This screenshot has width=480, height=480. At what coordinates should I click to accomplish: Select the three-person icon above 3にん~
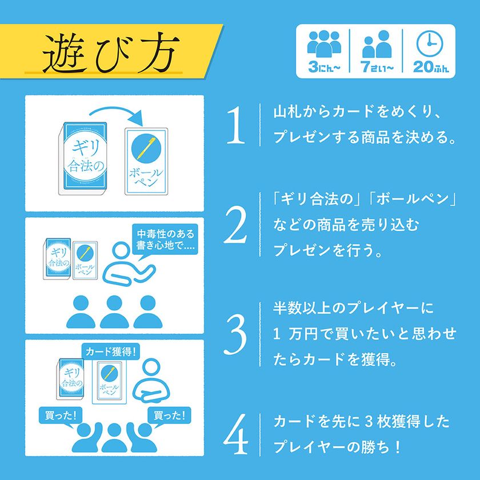(324, 43)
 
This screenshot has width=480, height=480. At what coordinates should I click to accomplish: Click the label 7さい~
(377, 67)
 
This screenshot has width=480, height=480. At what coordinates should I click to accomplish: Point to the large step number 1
(236, 125)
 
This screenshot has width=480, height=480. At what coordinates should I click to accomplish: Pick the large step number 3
(236, 334)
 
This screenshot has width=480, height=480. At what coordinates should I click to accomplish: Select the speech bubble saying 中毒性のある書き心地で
(166, 241)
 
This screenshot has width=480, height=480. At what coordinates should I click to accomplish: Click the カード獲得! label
(110, 351)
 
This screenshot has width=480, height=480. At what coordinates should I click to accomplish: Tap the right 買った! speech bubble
(170, 414)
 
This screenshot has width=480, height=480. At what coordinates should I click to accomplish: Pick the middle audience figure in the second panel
(114, 312)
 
